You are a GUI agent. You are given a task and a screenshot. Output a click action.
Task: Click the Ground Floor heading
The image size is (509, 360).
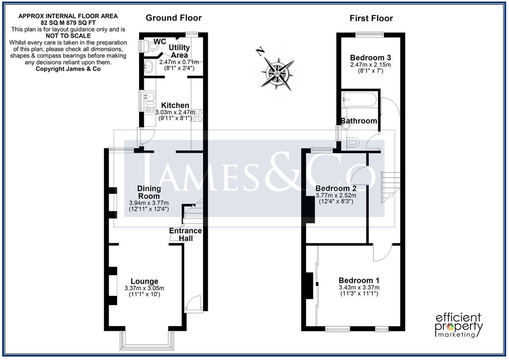tap(173, 18)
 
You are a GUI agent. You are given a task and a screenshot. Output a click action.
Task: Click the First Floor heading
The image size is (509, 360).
tap(371, 18)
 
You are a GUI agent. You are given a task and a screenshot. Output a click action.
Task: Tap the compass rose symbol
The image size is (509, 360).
tap(278, 74)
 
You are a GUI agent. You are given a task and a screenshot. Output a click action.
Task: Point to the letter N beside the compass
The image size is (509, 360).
tap(260, 51)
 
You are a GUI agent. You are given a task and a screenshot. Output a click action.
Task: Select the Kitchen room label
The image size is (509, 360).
tap(175, 105)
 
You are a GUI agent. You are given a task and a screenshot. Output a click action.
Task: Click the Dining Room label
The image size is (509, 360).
tap(149, 192)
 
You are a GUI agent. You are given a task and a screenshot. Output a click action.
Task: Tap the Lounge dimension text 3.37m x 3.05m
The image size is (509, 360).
tap(144, 288)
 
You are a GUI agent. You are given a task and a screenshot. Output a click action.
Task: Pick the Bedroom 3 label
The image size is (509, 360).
tap(370, 58)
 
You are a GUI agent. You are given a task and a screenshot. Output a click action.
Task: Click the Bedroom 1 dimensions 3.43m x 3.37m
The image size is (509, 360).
tap(359, 287)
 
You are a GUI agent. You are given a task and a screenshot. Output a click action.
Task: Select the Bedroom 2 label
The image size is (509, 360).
tap(336, 188)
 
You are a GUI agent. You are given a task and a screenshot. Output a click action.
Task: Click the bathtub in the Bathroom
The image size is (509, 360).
tap(360, 99)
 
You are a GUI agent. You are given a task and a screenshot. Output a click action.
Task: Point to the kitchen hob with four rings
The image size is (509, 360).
tap(197, 115)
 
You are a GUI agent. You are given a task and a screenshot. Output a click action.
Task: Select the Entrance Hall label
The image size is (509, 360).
tap(185, 234)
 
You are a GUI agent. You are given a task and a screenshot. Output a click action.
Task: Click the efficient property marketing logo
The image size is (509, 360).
tap(459, 325)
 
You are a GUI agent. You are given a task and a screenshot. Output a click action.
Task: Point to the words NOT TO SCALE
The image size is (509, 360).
tap(68, 36)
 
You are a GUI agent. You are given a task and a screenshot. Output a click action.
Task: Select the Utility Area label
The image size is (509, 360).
tap(179, 51)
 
